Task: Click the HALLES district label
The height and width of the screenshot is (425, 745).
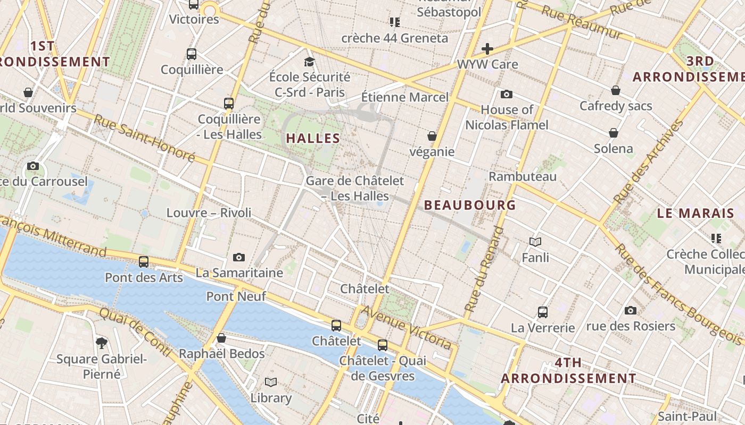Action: point(313,138)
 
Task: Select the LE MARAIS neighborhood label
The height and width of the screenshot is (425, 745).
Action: point(696,214)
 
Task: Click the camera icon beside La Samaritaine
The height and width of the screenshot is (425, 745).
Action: point(239,258)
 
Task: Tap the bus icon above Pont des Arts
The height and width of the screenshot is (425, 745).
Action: point(144,261)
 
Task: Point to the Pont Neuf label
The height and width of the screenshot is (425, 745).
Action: point(236,296)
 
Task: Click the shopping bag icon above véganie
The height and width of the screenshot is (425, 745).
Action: point(432,137)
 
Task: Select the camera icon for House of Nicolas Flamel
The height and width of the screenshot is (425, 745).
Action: point(506,95)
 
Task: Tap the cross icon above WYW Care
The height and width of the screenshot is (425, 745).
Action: point(487,49)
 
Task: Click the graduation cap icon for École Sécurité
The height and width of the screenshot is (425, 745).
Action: point(309,62)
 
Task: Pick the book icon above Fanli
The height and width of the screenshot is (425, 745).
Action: point(535,242)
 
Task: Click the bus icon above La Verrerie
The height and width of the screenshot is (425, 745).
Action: point(543,312)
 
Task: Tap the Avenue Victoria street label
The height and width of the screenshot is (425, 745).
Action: point(407,328)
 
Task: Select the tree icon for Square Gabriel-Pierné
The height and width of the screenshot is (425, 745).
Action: point(101,343)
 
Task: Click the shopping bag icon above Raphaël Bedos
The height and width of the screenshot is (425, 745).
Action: point(221,338)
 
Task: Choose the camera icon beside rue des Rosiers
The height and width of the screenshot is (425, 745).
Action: point(631,310)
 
